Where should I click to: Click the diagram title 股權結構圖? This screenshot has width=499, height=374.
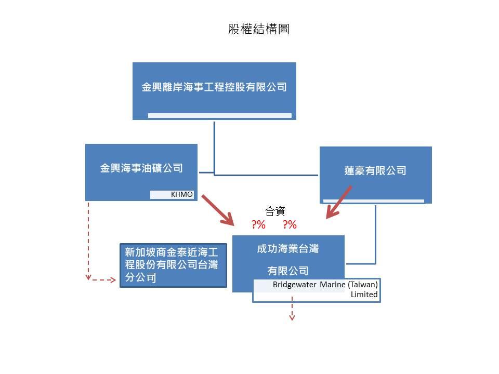[x=258, y=29]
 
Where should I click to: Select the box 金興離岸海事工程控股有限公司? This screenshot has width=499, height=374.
[x=214, y=87]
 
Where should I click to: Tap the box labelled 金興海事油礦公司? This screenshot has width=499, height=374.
[x=141, y=168]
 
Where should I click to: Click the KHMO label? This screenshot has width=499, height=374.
[x=182, y=195]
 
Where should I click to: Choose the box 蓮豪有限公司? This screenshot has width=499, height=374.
[x=375, y=170]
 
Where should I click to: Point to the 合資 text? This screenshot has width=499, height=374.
[x=275, y=211]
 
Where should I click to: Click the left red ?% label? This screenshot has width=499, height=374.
[x=259, y=225]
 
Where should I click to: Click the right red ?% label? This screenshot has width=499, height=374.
[x=290, y=225]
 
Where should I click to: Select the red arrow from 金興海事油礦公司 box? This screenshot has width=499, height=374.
[x=218, y=210]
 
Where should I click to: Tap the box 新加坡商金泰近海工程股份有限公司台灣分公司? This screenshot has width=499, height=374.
[x=173, y=265]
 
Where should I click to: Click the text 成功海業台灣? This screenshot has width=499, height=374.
[x=288, y=249]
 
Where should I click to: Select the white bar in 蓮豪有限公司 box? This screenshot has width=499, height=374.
[x=373, y=200]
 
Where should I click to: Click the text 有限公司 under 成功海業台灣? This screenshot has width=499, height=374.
[x=288, y=271]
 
